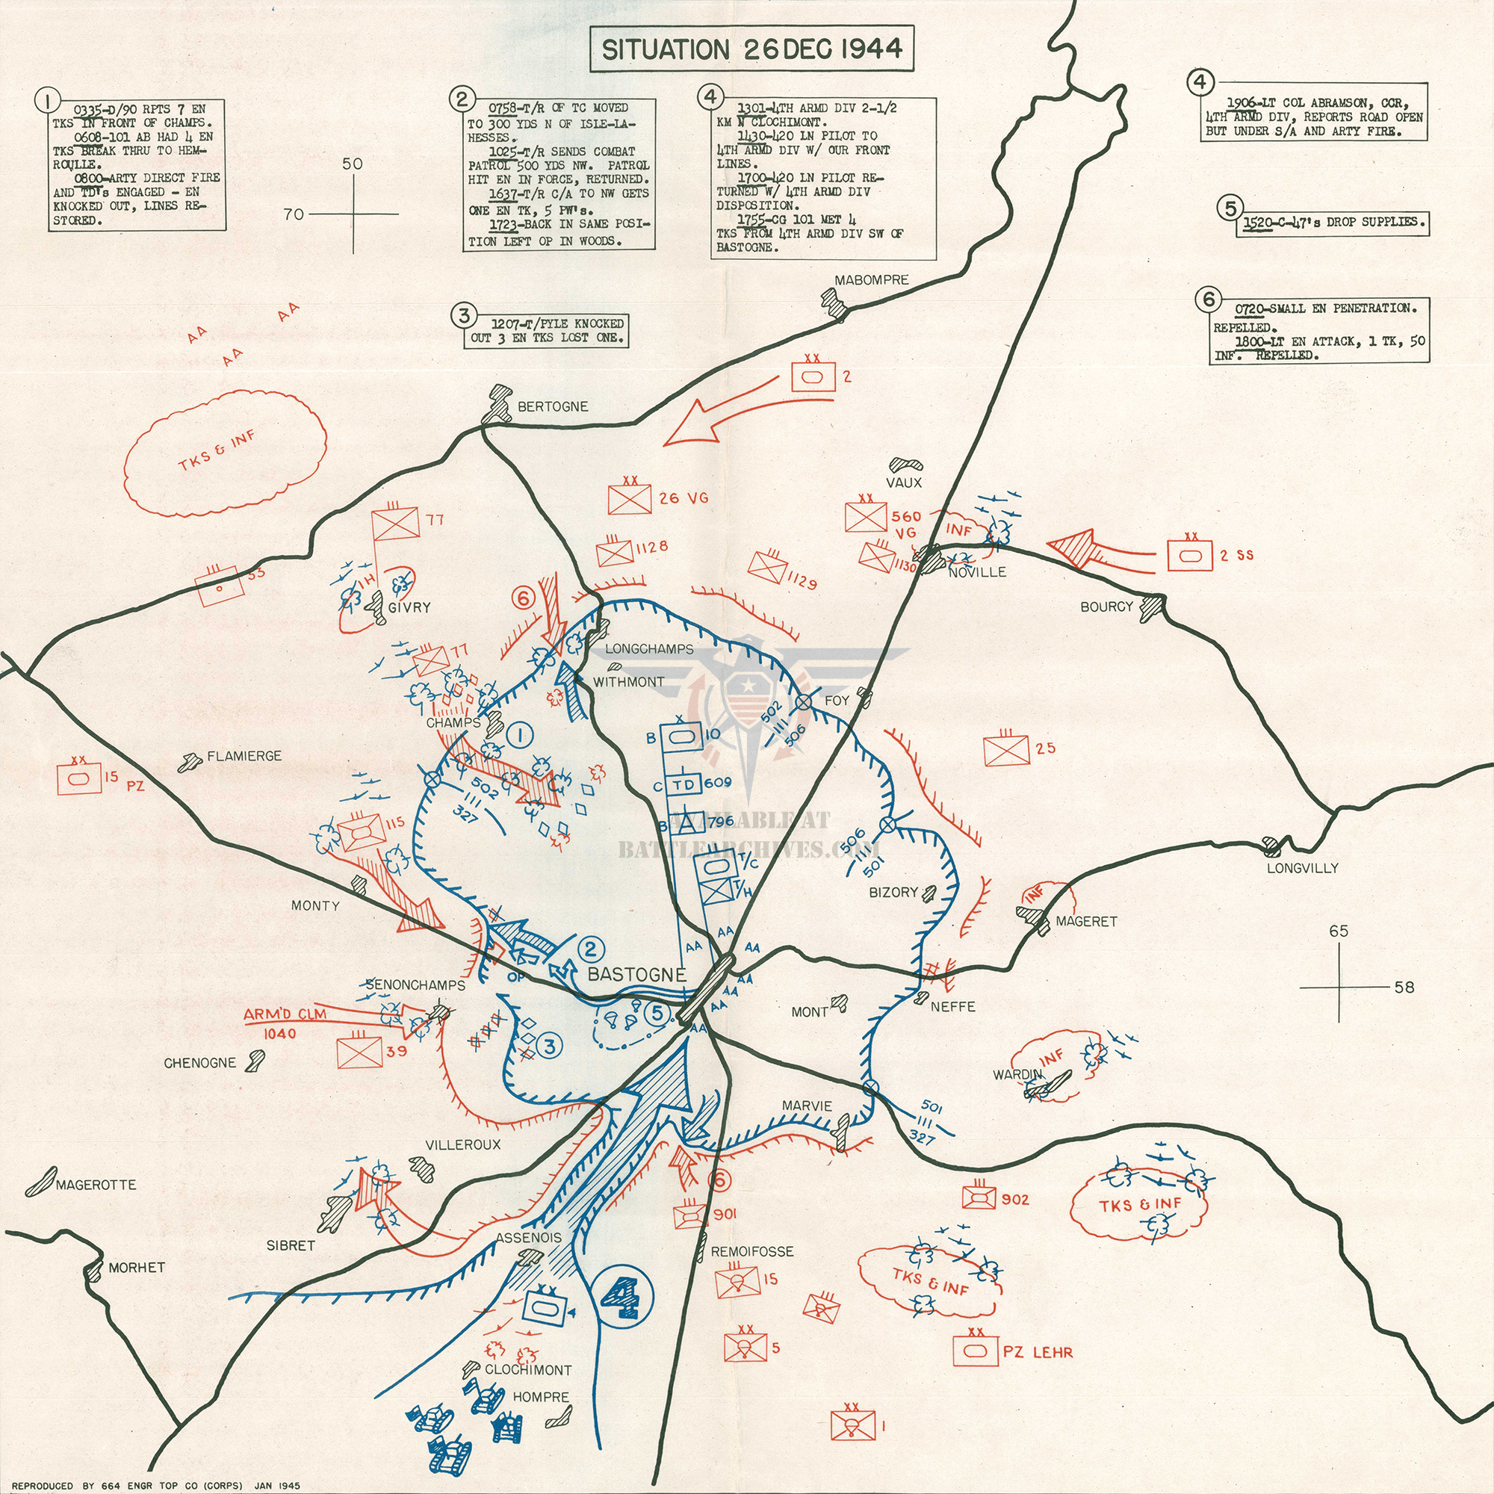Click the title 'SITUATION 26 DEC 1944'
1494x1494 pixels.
751,49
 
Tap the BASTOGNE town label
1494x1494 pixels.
636,973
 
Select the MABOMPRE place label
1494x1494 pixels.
872,279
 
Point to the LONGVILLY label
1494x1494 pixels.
1302,867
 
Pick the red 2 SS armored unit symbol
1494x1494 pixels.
1189,554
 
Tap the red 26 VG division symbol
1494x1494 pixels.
630,499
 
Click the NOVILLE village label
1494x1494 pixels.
976,571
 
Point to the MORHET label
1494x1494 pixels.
136,1267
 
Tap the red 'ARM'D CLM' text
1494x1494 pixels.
285,1014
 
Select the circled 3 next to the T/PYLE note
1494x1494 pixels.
464,315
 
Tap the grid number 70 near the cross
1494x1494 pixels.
293,214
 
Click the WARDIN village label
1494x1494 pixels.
1017,1074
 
